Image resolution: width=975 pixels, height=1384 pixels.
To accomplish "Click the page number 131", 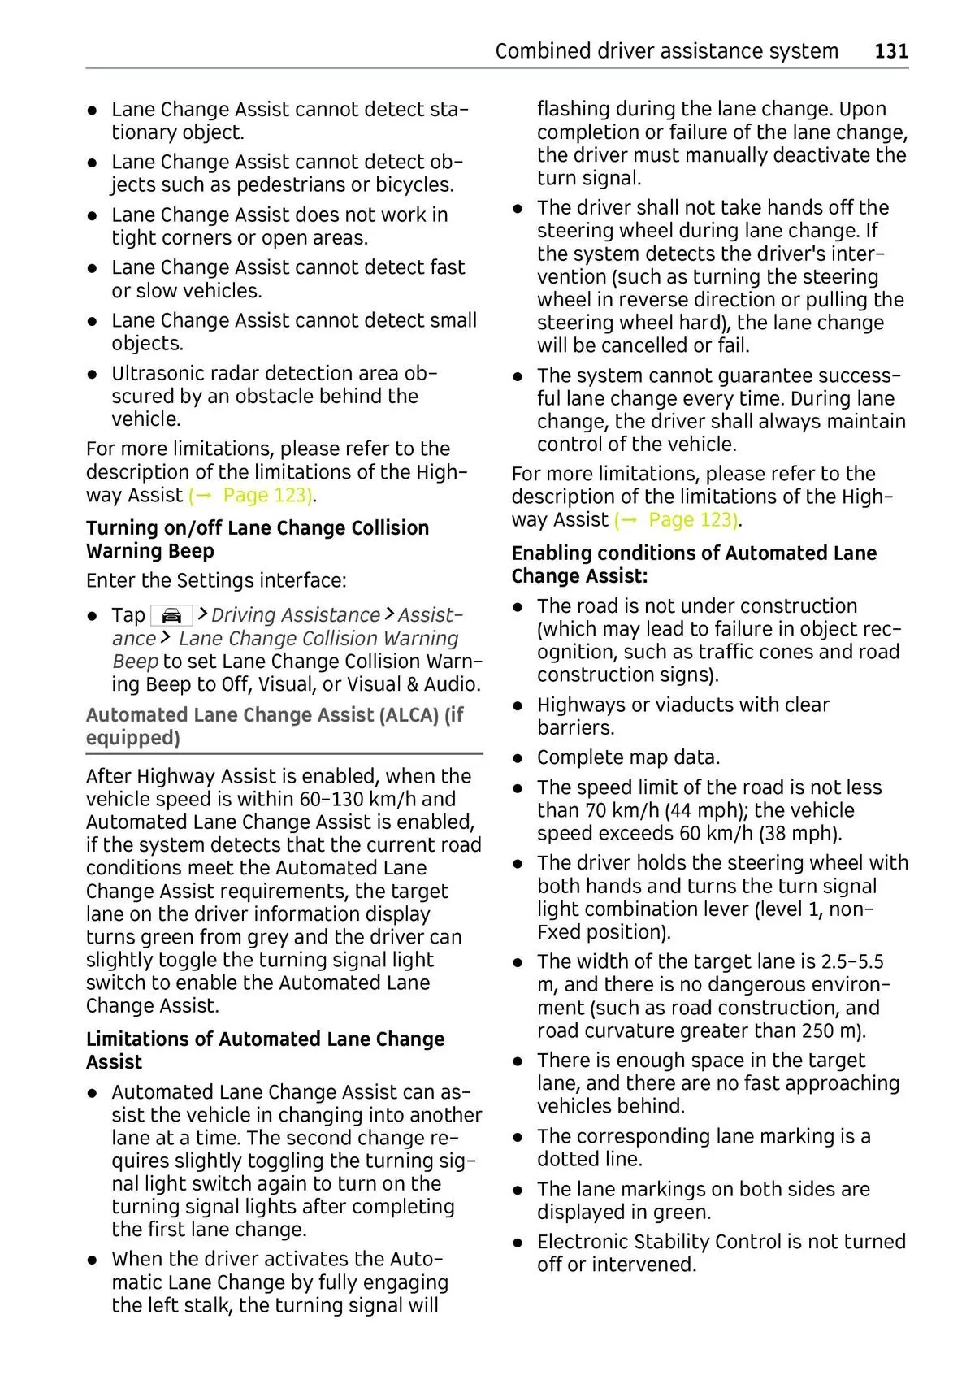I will (891, 51).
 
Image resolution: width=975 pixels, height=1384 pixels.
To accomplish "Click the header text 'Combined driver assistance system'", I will (666, 51).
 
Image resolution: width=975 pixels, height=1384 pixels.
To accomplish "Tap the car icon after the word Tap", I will (171, 615).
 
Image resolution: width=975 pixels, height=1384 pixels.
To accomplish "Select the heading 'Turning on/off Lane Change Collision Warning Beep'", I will (258, 540).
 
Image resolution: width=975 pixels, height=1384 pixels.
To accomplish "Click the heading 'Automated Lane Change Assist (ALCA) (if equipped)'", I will (275, 727).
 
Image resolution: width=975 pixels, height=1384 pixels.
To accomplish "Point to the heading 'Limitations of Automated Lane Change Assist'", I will (265, 1051).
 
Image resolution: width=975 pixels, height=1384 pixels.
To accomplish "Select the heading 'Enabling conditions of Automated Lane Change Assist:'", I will (694, 565).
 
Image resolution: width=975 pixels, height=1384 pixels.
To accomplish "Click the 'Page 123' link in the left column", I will (266, 495).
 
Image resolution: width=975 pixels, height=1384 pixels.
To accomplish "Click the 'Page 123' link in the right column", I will (692, 519).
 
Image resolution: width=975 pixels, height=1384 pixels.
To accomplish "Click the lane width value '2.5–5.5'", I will (852, 962).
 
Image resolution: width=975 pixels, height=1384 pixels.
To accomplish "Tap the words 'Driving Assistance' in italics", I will (296, 615).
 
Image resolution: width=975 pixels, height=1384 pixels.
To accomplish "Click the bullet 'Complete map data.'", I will (628, 757).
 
